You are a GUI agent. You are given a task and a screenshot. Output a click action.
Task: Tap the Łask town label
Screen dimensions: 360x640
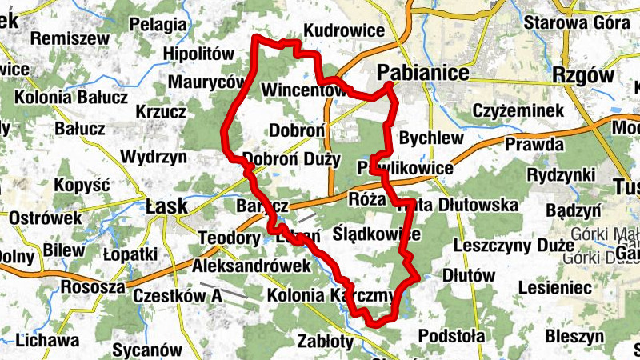click(166, 206)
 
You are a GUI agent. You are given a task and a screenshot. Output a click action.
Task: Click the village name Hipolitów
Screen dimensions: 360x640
click(197, 54)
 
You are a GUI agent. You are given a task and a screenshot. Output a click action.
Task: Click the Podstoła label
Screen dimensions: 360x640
click(452, 334)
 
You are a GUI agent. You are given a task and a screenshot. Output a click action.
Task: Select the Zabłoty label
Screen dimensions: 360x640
click(325, 340)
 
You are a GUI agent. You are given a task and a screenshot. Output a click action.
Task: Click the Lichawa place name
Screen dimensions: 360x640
click(47, 340)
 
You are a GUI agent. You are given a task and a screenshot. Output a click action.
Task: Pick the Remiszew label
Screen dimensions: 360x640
click(60, 37)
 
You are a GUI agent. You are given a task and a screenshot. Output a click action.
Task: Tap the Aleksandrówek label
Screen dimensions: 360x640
click(251, 266)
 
